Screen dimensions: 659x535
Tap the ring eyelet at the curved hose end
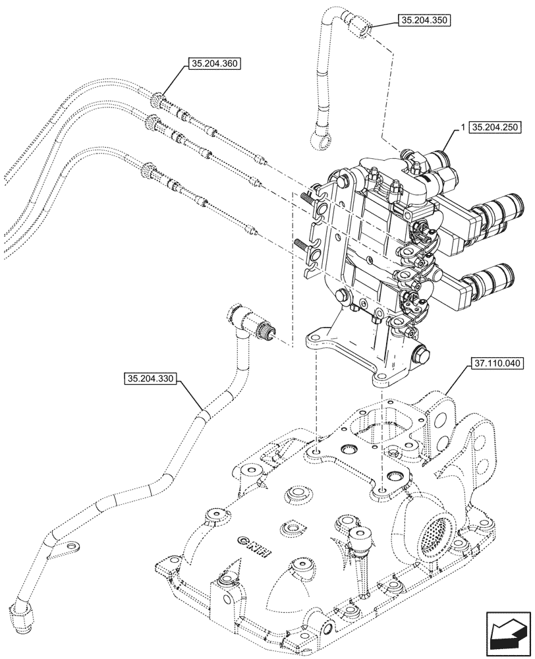point(315,139)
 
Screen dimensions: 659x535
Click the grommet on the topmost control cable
point(157,101)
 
